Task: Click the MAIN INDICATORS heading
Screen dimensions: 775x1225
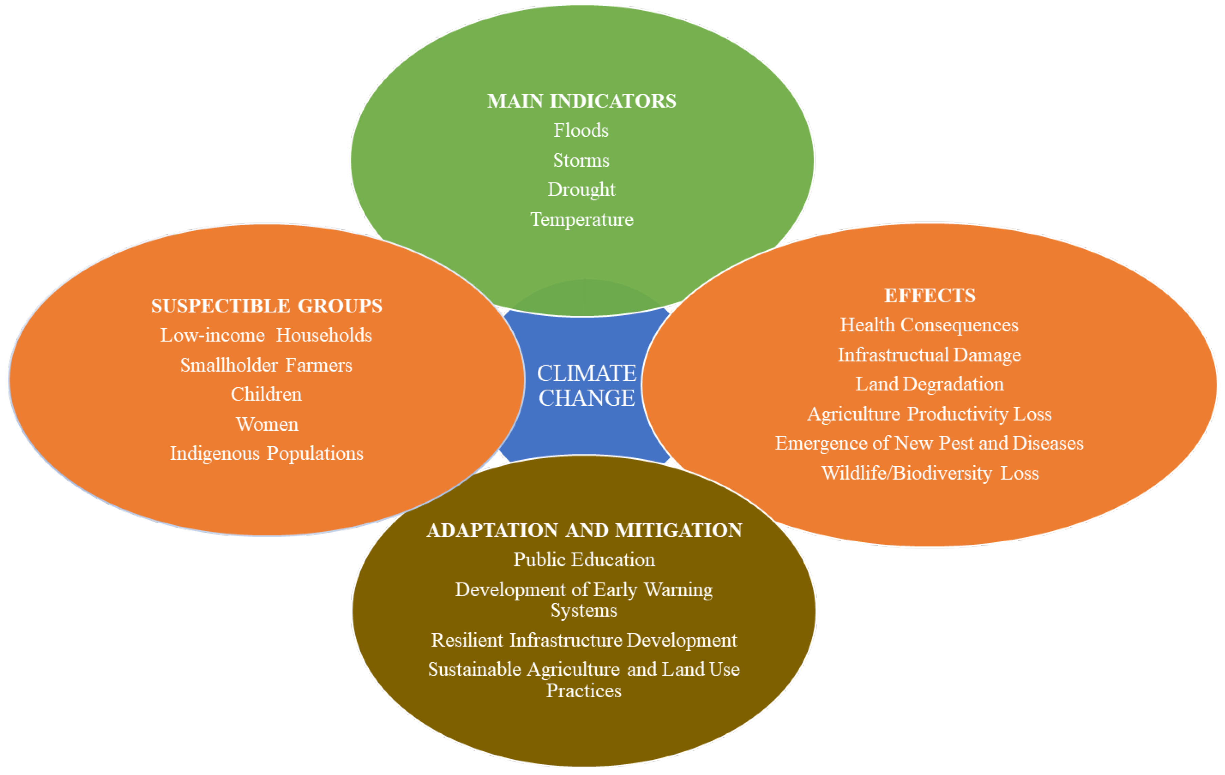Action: coord(581,101)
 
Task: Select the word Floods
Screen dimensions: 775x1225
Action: coord(581,131)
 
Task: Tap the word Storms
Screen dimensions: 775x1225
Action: coord(581,161)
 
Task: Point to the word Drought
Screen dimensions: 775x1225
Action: coord(581,190)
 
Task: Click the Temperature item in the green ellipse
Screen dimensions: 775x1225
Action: coord(581,220)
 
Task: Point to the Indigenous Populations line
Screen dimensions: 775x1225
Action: coord(267,453)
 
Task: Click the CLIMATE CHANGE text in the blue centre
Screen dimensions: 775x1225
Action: coord(587,386)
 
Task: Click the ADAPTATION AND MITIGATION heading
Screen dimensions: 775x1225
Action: coord(584,530)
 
